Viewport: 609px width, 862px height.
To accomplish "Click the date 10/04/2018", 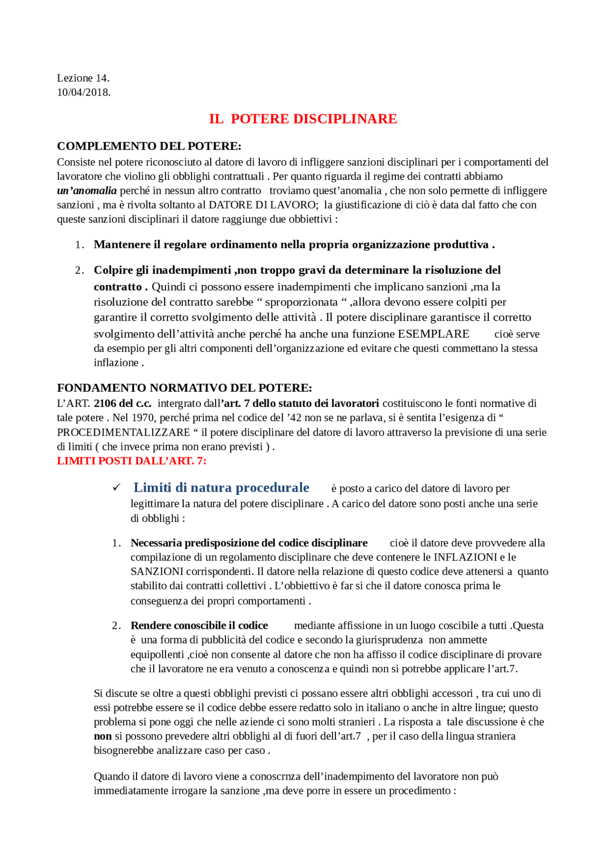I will click(x=84, y=92).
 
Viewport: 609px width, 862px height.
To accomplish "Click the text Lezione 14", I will click(x=83, y=78).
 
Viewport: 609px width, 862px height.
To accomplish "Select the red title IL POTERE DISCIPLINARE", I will click(x=303, y=119).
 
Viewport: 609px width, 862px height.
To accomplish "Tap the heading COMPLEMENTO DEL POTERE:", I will click(x=149, y=146).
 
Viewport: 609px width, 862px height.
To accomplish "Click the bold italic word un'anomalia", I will click(x=87, y=191).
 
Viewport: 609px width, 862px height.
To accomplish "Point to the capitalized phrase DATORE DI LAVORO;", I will click(x=264, y=205).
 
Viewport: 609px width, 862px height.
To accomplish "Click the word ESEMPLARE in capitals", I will click(x=433, y=334).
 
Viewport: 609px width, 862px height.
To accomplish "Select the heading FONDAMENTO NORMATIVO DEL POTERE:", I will click(x=185, y=388).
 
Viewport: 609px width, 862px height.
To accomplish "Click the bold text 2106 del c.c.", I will click(x=122, y=404).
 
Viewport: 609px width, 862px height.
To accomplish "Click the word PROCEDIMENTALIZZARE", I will click(x=123, y=433).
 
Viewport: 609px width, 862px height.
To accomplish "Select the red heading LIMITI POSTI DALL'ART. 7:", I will click(x=131, y=461).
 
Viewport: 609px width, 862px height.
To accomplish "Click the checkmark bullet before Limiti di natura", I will click(x=117, y=487).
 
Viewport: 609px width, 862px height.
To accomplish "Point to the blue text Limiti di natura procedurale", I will click(x=221, y=488).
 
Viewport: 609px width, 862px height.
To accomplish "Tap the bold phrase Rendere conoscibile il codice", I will click(x=199, y=625).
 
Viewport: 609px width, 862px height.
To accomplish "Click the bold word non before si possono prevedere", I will click(x=103, y=736).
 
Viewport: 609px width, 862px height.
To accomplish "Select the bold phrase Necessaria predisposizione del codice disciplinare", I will click(x=249, y=543).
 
